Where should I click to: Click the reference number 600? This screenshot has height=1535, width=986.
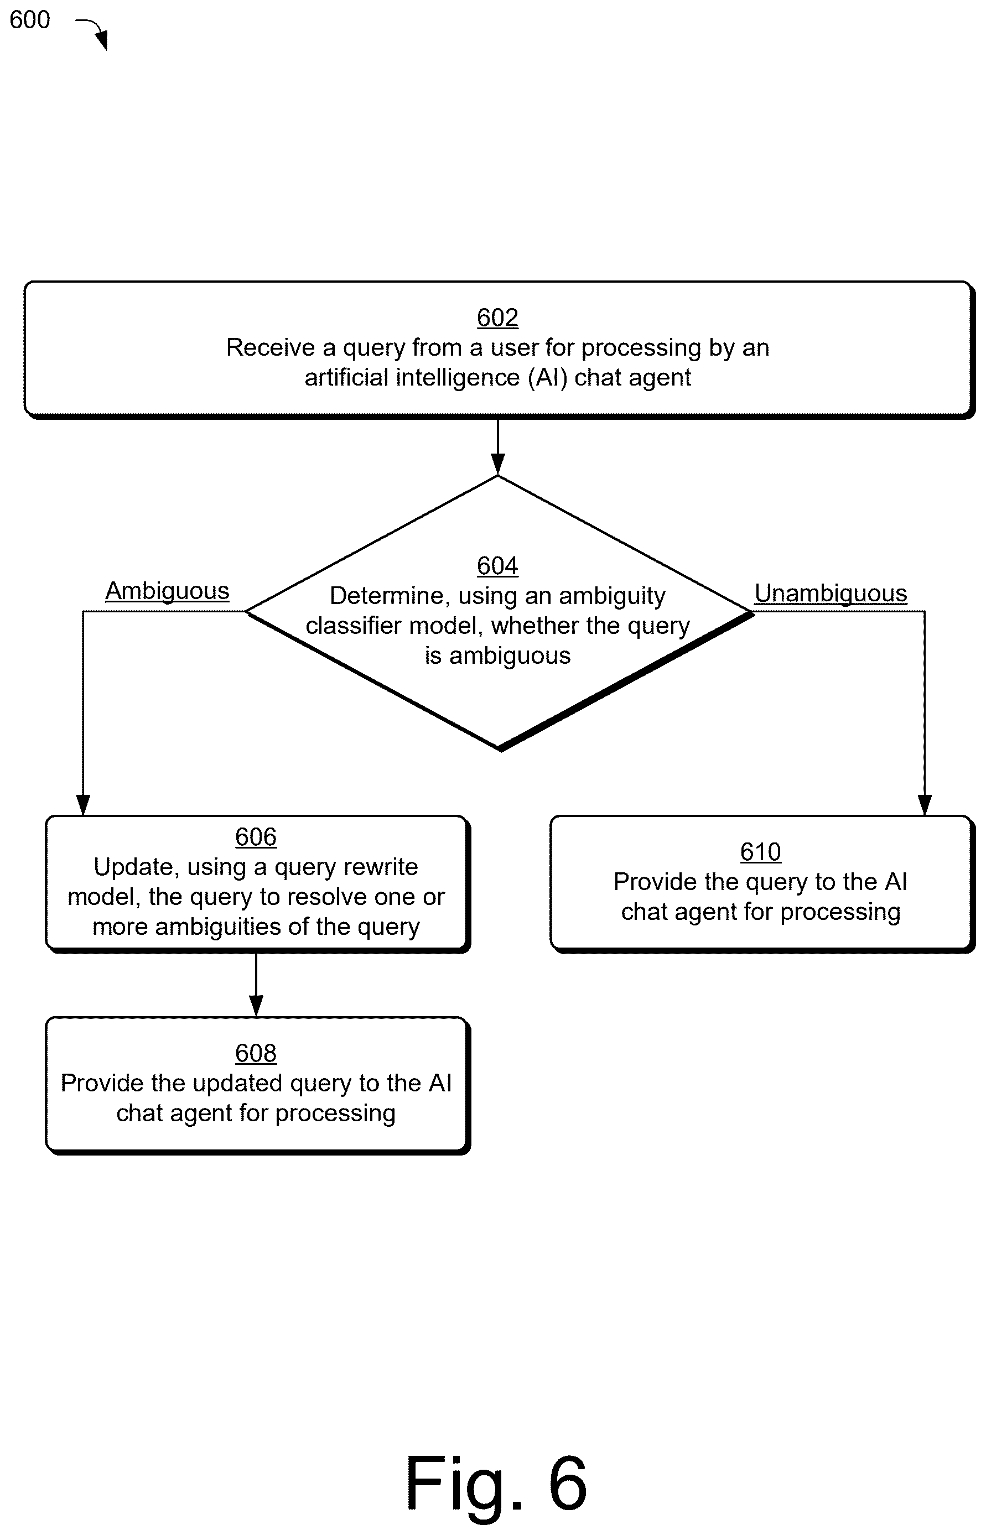click(x=29, y=20)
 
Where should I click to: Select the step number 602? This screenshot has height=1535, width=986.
click(x=497, y=318)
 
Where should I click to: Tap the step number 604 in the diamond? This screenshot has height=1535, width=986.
click(x=497, y=566)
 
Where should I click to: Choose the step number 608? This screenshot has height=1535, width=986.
click(x=256, y=1054)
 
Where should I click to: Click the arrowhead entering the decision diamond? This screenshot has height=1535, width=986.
click(x=497, y=464)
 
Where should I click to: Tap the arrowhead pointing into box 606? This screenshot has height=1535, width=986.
click(x=82, y=805)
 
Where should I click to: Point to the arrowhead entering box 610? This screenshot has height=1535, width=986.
click(x=925, y=805)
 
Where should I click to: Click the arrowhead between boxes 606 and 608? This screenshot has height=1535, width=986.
click(x=256, y=1006)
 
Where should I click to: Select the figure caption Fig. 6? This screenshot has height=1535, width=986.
click(x=496, y=1484)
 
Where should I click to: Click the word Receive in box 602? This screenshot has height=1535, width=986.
click(x=271, y=347)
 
